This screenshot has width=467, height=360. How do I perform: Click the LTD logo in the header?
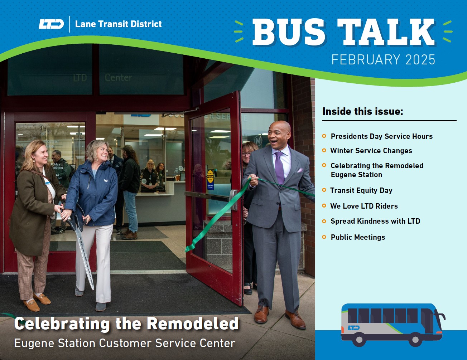[x=51, y=24]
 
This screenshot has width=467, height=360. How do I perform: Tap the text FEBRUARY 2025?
[x=383, y=59]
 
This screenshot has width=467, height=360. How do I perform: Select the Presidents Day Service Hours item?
[x=381, y=136]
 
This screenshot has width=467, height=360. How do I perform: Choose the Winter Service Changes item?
[x=371, y=151]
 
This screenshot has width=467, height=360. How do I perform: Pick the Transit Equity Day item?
[x=361, y=190]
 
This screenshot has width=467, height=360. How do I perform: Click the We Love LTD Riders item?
[x=364, y=206]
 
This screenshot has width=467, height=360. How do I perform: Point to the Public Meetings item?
[x=358, y=237]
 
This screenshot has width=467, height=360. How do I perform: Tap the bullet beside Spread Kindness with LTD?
[x=324, y=221]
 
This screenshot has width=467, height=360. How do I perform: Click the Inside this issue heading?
[x=362, y=111]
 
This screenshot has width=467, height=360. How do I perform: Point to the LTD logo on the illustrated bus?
[x=353, y=328]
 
